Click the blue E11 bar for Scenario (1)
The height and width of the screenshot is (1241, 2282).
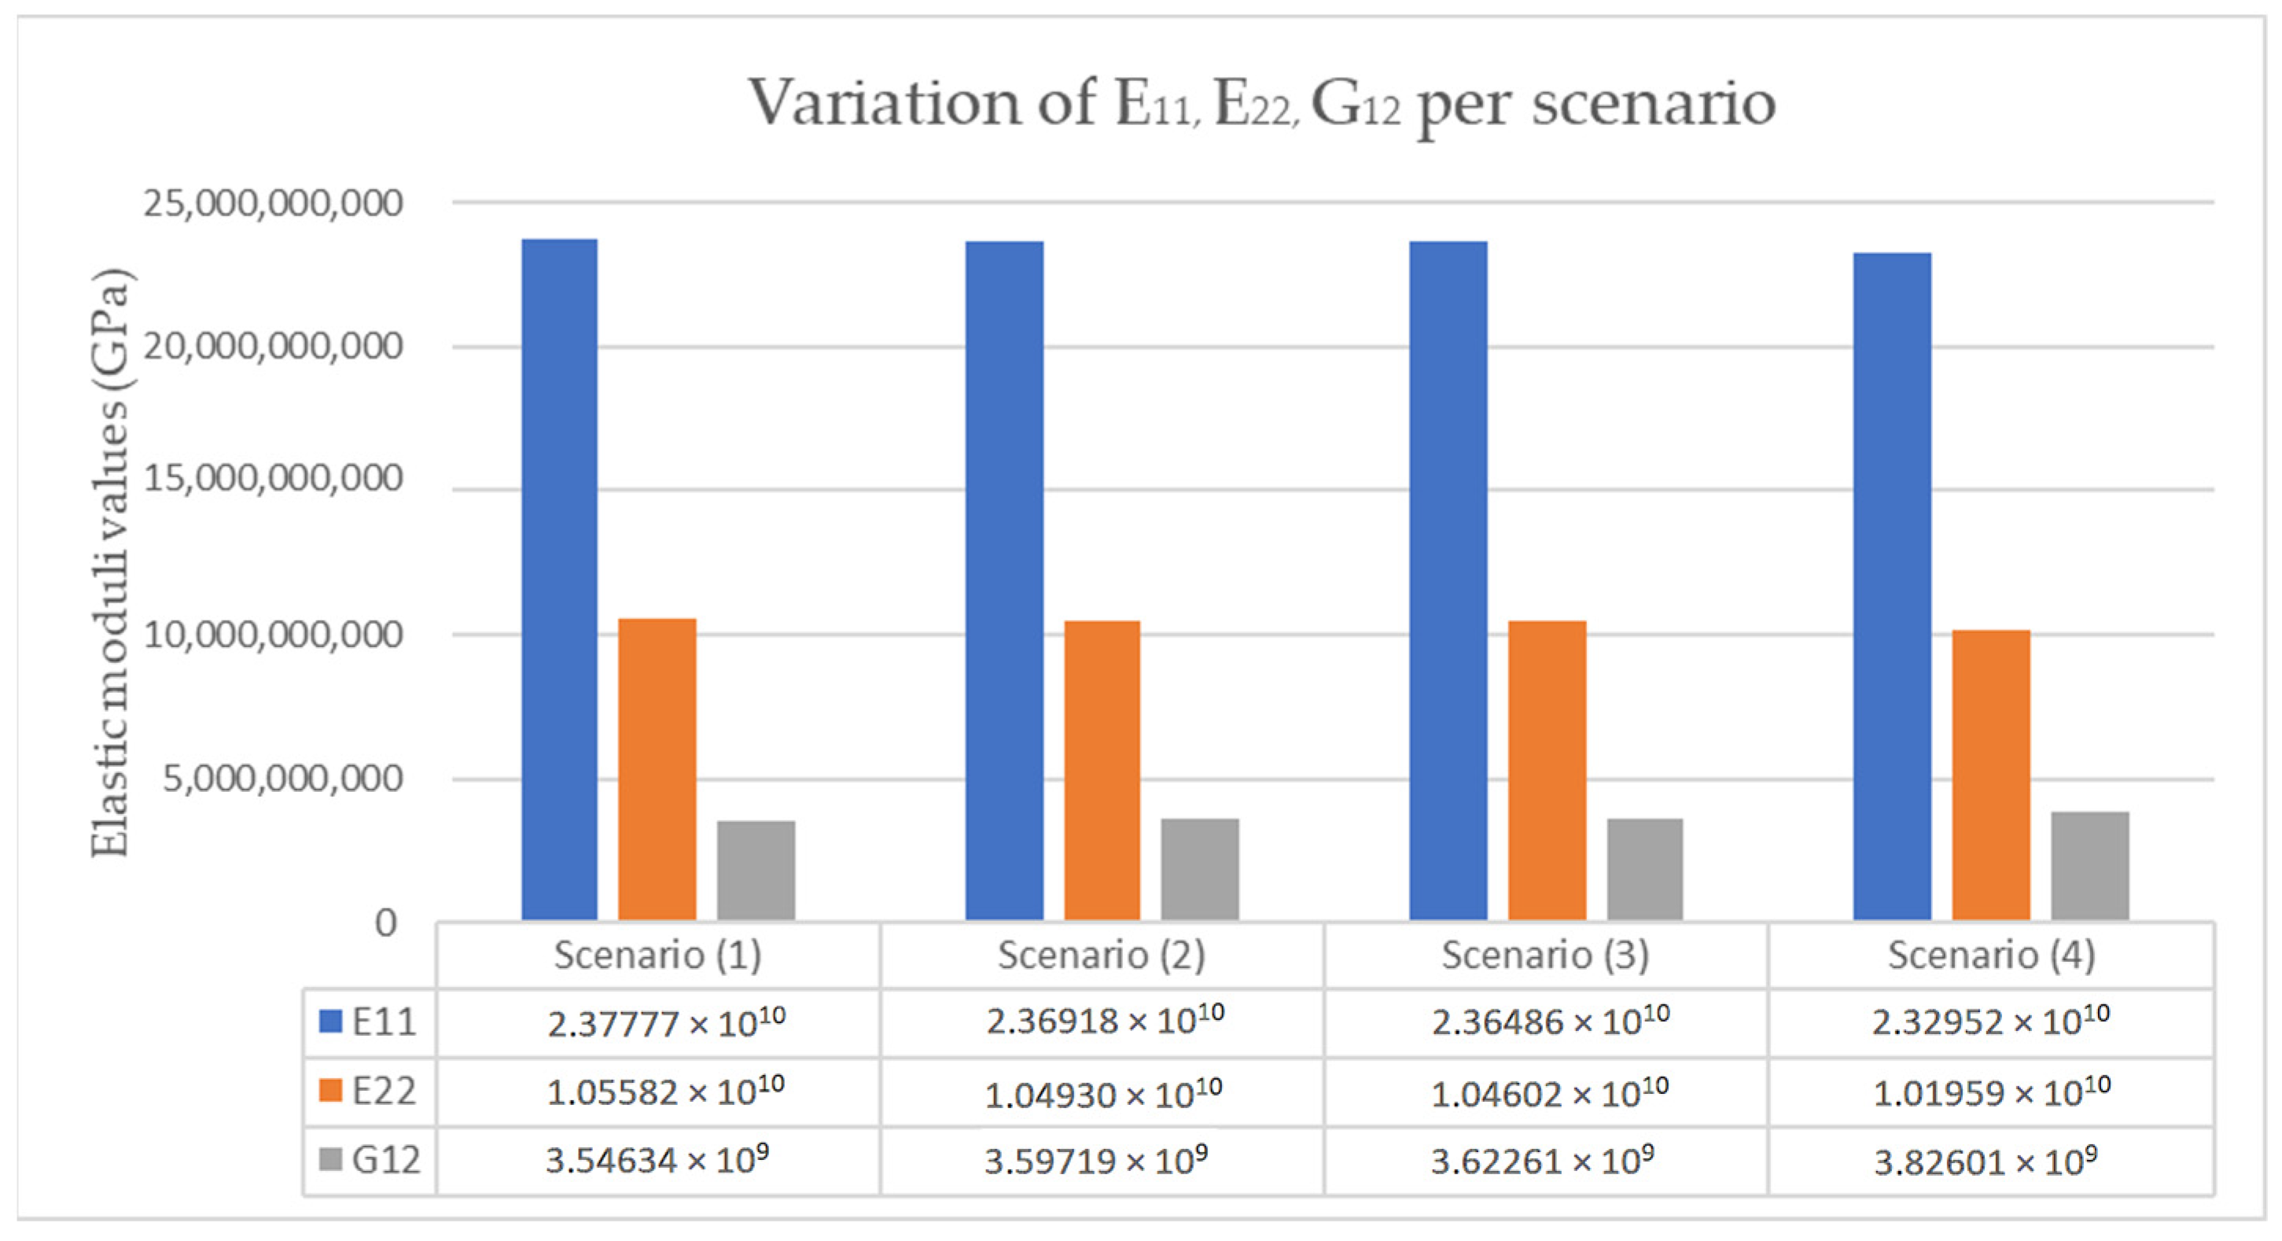pyautogui.click(x=559, y=580)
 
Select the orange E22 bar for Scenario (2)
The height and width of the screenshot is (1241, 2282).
pyautogui.click(x=1102, y=770)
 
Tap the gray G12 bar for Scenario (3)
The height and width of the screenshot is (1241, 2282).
pyautogui.click(x=1645, y=869)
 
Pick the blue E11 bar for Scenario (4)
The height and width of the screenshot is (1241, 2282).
pyautogui.click(x=1891, y=586)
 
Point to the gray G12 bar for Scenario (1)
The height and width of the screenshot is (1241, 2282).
pyautogui.click(x=756, y=870)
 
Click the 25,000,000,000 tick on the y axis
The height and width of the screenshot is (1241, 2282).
pyautogui.click(x=273, y=204)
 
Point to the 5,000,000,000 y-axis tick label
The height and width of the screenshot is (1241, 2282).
pyautogui.click(x=282, y=779)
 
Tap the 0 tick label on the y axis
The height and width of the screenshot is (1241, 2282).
pyautogui.click(x=385, y=923)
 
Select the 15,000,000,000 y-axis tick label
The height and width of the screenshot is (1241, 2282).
pyautogui.click(x=273, y=479)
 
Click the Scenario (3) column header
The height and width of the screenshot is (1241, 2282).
pyautogui.click(x=1545, y=955)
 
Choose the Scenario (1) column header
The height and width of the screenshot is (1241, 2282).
pyautogui.click(x=657, y=955)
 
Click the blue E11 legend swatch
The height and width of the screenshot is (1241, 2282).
pyautogui.click(x=330, y=1022)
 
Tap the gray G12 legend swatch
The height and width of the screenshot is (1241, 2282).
pyautogui.click(x=330, y=1159)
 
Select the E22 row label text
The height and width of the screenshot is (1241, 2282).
pyautogui.click(x=384, y=1092)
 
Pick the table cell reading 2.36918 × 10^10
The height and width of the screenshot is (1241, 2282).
pyautogui.click(x=1104, y=1022)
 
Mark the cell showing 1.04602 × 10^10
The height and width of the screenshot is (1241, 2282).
pyautogui.click(x=1548, y=1093)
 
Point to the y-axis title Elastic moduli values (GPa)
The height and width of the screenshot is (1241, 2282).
pyautogui.click(x=111, y=562)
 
